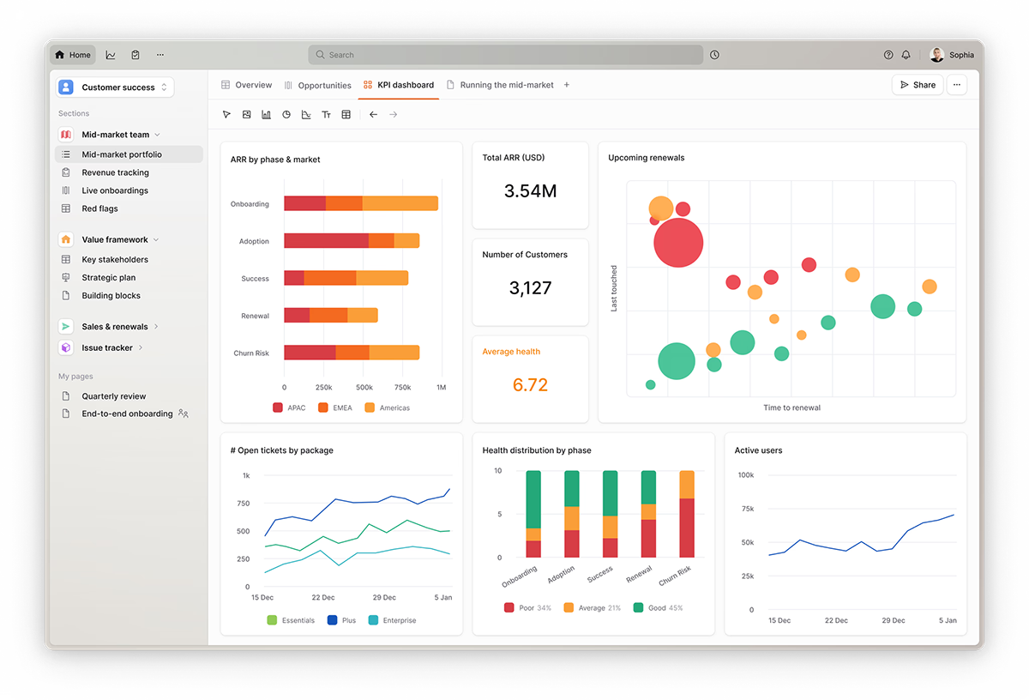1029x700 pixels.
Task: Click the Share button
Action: tap(918, 85)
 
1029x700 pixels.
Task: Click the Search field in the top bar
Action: tap(505, 55)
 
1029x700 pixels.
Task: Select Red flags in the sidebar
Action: tap(99, 208)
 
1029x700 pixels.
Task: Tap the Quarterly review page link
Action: tap(113, 396)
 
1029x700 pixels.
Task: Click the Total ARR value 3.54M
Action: tap(530, 191)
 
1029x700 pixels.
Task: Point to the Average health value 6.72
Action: tap(530, 385)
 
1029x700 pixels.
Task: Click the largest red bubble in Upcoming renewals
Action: tap(678, 242)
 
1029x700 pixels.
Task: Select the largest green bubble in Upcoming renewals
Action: tap(677, 361)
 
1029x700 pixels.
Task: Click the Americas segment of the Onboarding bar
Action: tap(400, 203)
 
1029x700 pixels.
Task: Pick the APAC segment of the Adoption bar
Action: tap(326, 241)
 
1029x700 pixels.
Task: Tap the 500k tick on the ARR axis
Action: tap(363, 388)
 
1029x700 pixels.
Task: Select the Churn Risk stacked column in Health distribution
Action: tap(686, 514)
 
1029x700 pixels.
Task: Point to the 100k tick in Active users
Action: tap(745, 475)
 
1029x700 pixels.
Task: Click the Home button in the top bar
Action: tap(73, 55)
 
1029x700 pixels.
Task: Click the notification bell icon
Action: tap(906, 55)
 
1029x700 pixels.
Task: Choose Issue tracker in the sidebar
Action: tap(106, 347)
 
